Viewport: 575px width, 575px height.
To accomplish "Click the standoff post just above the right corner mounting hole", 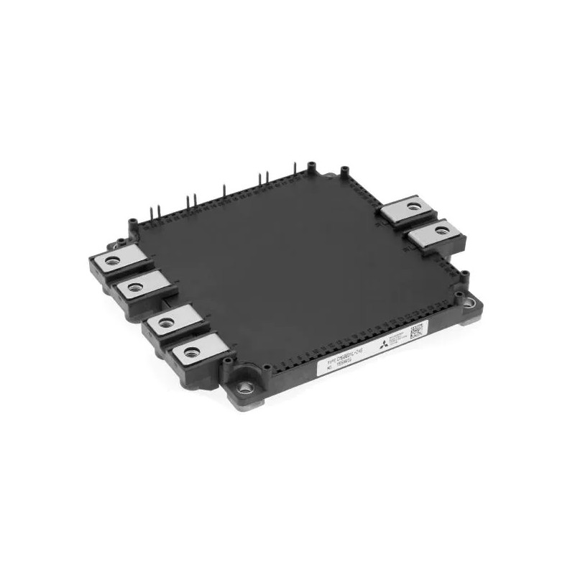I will [464, 275].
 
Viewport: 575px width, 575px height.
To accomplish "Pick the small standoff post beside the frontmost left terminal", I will [226, 359].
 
